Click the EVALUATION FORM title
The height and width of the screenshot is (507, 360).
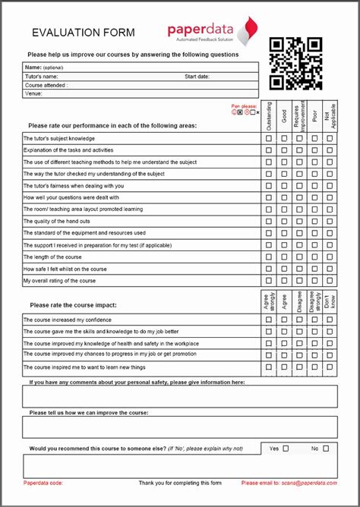click(84, 33)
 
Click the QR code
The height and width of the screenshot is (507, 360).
click(296, 64)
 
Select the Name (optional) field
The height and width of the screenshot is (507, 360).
click(141, 68)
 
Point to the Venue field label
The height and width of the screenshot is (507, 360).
click(33, 94)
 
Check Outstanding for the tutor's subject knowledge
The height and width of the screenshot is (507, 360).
click(268, 139)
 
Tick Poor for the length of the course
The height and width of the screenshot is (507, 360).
click(314, 257)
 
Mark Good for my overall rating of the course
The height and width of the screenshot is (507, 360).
click(284, 281)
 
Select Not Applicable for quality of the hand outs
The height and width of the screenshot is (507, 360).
click(330, 222)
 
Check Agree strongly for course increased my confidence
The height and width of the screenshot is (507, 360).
click(268, 320)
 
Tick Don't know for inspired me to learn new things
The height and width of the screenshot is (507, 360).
click(330, 367)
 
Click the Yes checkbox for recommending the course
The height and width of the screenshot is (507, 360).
click(286, 449)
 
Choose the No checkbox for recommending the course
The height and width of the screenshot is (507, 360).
click(326, 449)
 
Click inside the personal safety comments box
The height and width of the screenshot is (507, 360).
click(180, 397)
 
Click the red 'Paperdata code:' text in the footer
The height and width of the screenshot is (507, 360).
click(43, 483)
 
